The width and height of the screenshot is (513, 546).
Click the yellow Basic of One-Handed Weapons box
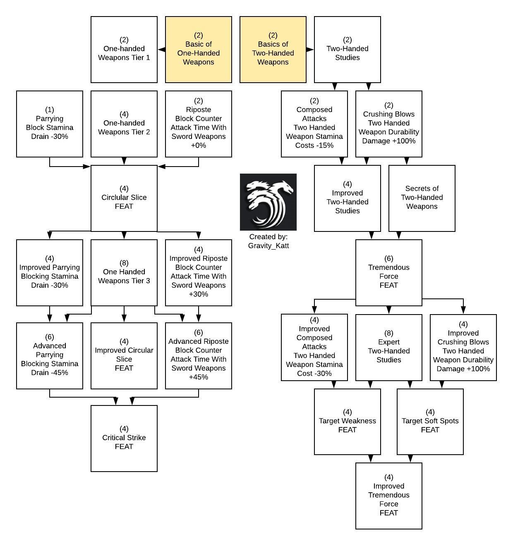pos(199,50)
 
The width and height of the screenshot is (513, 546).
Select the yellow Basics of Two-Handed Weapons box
pos(273,50)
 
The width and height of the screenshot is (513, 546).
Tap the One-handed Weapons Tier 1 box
pos(124,50)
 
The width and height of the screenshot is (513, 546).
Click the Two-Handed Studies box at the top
pos(348,50)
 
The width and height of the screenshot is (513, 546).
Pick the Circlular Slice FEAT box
pos(124,198)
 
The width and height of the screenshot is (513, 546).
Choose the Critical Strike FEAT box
pos(124,438)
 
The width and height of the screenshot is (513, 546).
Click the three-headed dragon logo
pos(268,202)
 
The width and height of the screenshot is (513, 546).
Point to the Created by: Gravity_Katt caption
pos(268,241)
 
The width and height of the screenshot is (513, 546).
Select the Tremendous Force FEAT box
pos(389,272)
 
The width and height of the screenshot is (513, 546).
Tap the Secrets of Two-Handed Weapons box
pos(422,198)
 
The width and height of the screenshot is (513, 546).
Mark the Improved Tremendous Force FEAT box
pos(389,496)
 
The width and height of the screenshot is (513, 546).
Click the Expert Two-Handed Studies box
pos(389,347)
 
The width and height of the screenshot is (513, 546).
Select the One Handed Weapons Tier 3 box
pos(124,272)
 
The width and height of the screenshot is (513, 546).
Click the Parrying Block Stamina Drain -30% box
pos(50,124)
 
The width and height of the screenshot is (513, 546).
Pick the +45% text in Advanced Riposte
pos(199,377)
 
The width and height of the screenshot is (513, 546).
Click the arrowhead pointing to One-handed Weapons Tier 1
pos(161,50)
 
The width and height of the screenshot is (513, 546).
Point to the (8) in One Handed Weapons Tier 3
pos(124,263)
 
